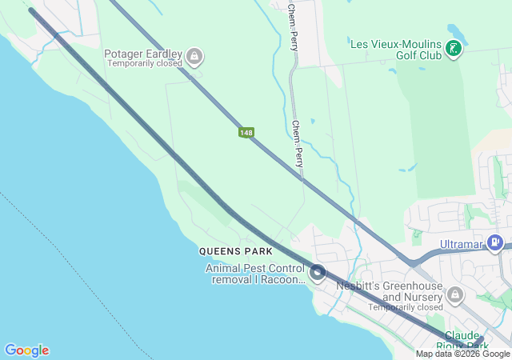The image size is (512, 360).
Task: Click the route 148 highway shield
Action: click(x=246, y=131)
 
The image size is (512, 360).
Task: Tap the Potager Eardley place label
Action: click(x=143, y=54)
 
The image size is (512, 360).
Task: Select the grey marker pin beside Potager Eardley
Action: click(x=194, y=56)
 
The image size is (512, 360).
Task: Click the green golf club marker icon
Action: click(x=454, y=49)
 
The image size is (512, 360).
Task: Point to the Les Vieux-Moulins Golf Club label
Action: click(x=396, y=49)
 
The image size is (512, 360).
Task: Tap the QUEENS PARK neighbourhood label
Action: click(x=230, y=251)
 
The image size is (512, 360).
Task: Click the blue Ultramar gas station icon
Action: click(x=496, y=242)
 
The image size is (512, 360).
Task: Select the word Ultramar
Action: click(x=463, y=243)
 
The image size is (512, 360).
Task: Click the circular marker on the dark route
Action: click(x=318, y=274)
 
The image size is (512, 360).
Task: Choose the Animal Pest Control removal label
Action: click(x=255, y=274)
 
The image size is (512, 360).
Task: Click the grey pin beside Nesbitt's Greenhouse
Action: click(x=455, y=294)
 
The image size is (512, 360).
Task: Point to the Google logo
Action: click(x=26, y=350)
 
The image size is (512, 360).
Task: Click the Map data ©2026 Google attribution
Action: click(x=462, y=354)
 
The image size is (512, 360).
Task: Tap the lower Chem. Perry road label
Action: click(x=298, y=144)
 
